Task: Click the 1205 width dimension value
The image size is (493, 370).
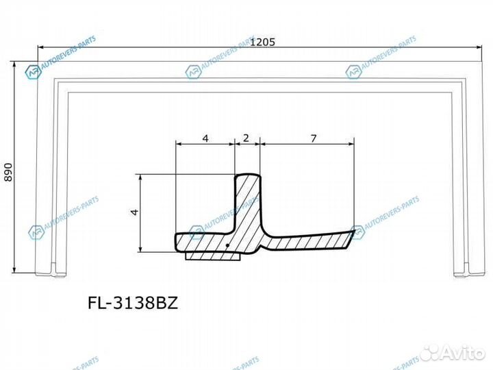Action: point(263,42)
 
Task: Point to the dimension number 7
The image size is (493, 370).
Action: point(313,138)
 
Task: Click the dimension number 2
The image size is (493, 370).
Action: point(246,138)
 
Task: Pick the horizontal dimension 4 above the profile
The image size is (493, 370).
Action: point(205,138)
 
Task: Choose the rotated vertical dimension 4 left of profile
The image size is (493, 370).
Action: point(135,212)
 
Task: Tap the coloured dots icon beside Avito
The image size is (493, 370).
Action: point(429,353)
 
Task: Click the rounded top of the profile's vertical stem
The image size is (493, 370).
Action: point(247,177)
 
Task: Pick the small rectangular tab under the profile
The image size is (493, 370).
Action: point(212,257)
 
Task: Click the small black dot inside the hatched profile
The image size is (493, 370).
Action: point(226,245)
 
